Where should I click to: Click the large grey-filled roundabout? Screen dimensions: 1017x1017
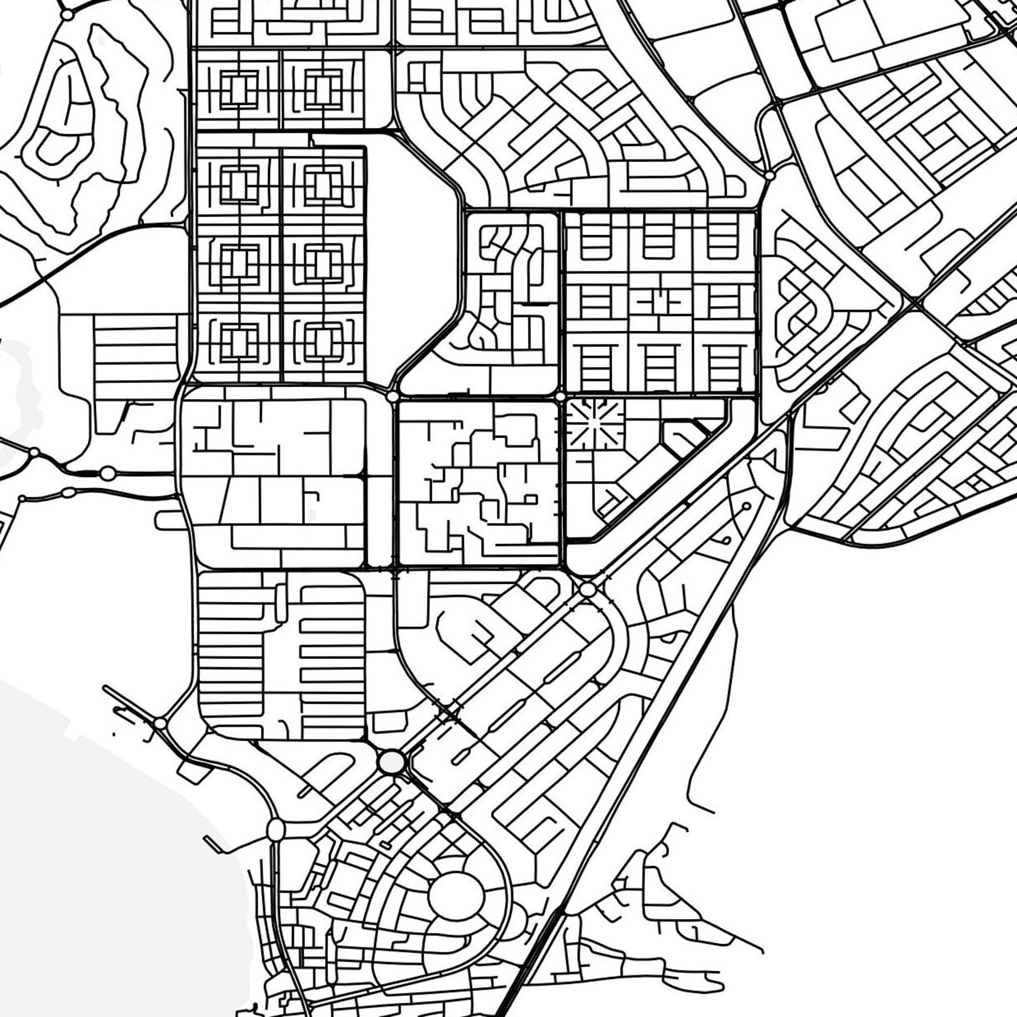tap(391, 762)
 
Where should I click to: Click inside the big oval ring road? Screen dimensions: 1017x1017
tap(456, 897)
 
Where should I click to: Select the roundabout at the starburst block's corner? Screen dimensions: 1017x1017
tap(560, 397)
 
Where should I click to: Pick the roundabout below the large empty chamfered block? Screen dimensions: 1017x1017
tap(392, 397)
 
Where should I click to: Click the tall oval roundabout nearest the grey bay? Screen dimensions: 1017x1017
tap(275, 830)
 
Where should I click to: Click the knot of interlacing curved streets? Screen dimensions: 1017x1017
tap(797, 314)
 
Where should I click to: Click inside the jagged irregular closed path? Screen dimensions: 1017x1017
tap(106, 128)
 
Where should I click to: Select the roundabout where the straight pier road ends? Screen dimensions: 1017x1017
tap(160, 724)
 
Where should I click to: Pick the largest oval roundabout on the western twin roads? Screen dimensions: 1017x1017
tap(108, 473)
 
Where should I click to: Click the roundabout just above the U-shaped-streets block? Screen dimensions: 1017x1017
tap(769, 175)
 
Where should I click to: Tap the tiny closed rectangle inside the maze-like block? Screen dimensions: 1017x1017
tap(530, 499)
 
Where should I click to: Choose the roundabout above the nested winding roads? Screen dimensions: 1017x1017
tap(67, 14)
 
